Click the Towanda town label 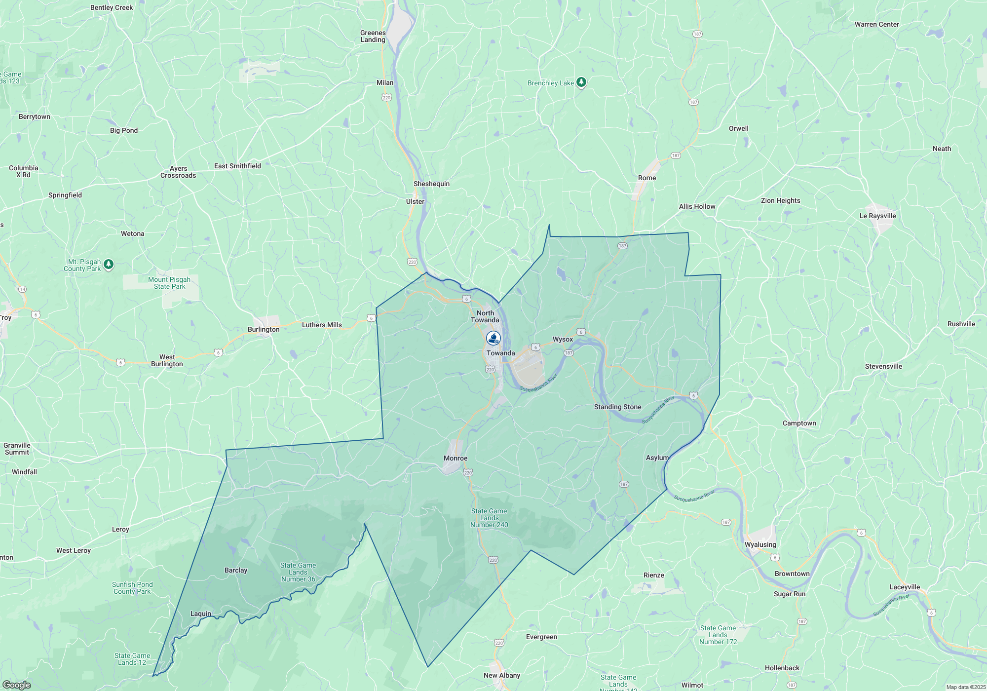tap(500, 353)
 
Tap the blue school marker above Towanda tap(493, 338)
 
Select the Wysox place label tap(563, 339)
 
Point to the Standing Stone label tap(617, 407)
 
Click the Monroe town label tap(455, 458)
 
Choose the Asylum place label tap(657, 458)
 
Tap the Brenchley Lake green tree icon tap(581, 82)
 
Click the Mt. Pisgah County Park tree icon tap(109, 265)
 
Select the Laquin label tap(200, 614)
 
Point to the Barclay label tap(236, 570)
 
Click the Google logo tap(17, 685)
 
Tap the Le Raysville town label tap(877, 216)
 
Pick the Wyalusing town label tap(760, 544)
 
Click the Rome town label tap(646, 178)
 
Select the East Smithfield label tap(237, 166)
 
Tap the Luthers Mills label tap(322, 325)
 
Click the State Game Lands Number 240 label tap(489, 518)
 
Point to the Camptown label tap(799, 423)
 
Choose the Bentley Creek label tap(112, 7)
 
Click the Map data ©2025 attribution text tap(965, 687)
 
